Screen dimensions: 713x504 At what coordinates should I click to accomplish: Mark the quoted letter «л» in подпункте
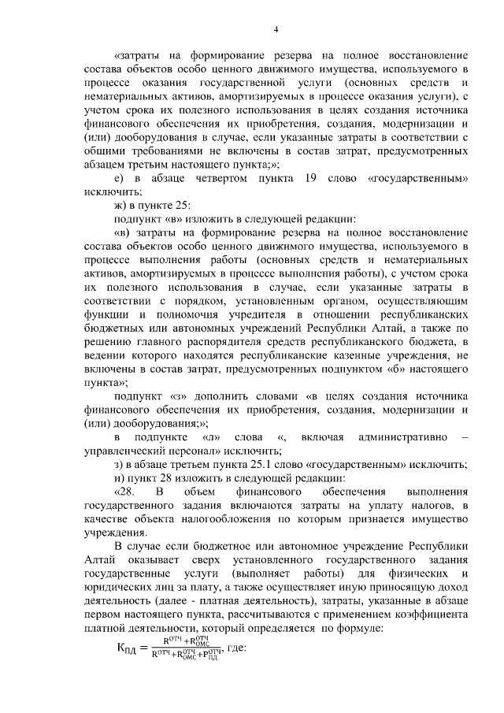(209, 436)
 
